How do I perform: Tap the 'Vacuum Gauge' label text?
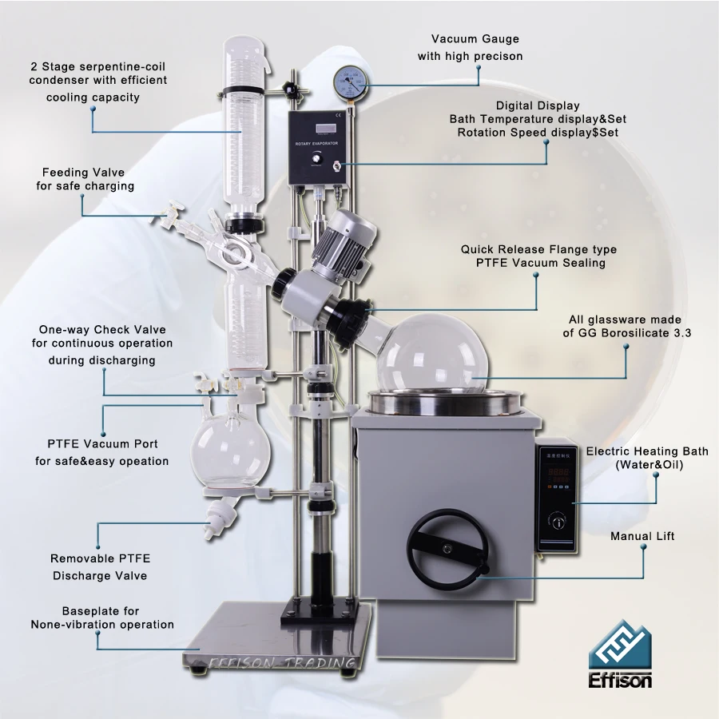pos(475,38)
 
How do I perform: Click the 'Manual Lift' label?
pos(642,536)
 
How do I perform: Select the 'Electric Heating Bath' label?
pos(646,451)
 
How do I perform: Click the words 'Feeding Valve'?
pos(83,172)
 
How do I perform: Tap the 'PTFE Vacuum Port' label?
pos(101,443)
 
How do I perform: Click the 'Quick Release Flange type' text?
pos(538,249)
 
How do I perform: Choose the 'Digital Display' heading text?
pos(538,105)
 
